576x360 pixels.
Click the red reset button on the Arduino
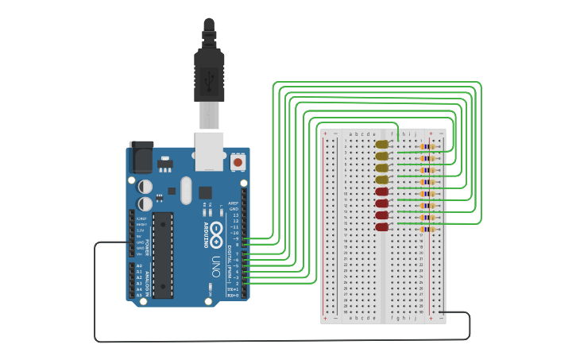click(238, 162)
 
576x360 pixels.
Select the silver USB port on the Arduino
click(210, 150)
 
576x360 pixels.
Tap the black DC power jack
click(141, 157)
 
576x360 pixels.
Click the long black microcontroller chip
click(164, 255)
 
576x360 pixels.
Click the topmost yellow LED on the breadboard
click(382, 145)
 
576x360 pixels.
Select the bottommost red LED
click(382, 226)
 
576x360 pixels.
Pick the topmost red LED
click(382, 192)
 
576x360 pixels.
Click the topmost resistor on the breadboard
click(429, 146)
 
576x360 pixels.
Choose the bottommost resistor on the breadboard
click(429, 229)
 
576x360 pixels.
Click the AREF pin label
click(234, 203)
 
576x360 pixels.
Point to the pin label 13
click(235, 215)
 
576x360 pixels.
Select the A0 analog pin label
click(140, 266)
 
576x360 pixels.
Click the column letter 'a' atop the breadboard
click(351, 134)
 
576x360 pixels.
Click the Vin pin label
click(140, 254)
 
